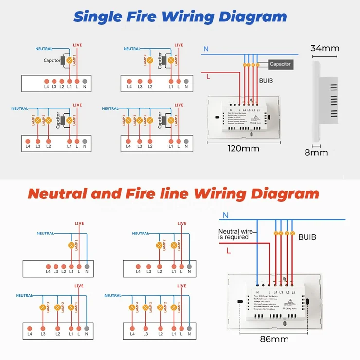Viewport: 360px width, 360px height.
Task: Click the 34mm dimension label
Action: coord(324,48)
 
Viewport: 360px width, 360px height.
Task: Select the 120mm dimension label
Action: coord(244,148)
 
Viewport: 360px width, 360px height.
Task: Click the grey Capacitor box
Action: coord(280,64)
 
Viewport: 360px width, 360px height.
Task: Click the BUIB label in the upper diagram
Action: coord(267,81)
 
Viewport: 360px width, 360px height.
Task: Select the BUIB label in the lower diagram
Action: coord(307,237)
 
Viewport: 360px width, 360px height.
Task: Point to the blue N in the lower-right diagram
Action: coord(225,215)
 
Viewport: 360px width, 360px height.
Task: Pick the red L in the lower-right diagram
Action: coord(228,251)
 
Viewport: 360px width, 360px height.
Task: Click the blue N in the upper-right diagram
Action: coord(206,49)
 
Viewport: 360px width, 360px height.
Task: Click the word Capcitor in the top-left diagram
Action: coord(53,61)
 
